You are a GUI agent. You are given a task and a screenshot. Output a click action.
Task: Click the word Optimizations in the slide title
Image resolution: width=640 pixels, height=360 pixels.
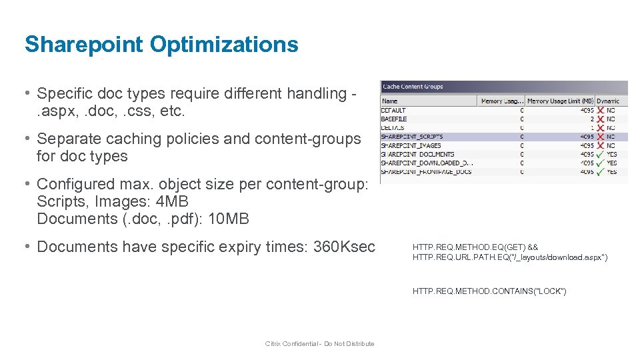pyautogui.click(x=224, y=45)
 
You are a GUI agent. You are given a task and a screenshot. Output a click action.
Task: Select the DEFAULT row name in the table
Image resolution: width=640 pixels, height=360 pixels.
pyautogui.click(x=393, y=111)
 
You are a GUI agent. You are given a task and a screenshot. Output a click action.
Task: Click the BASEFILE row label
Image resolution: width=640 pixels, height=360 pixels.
pyautogui.click(x=394, y=119)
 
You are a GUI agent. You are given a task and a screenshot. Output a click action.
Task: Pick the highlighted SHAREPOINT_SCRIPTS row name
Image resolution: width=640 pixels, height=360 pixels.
pyautogui.click(x=411, y=137)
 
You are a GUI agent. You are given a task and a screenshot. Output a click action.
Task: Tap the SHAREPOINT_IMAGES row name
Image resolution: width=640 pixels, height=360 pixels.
pyautogui.click(x=411, y=145)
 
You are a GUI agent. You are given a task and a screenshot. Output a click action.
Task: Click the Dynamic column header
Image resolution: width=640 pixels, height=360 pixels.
pyautogui.click(x=608, y=101)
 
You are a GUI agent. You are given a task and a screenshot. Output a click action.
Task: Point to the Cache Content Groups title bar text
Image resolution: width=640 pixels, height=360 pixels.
pyautogui.click(x=413, y=87)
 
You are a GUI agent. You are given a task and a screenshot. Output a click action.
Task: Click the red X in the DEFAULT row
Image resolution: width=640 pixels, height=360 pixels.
pyautogui.click(x=601, y=111)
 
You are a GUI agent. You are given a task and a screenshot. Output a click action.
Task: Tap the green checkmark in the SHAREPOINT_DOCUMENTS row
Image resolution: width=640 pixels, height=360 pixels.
pyautogui.click(x=601, y=154)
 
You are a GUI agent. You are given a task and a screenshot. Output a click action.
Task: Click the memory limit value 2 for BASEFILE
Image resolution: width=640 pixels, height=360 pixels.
pyautogui.click(x=591, y=119)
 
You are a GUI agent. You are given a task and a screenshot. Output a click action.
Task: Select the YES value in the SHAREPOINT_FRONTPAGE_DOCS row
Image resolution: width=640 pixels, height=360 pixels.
pyautogui.click(x=612, y=171)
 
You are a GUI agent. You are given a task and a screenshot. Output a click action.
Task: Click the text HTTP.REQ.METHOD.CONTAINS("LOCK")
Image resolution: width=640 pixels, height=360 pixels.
pyautogui.click(x=489, y=291)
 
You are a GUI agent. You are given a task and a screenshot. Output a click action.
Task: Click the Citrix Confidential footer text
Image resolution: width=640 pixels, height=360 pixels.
pyautogui.click(x=319, y=344)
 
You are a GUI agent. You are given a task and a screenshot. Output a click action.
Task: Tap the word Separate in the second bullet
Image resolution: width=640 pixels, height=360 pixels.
pyautogui.click(x=66, y=139)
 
